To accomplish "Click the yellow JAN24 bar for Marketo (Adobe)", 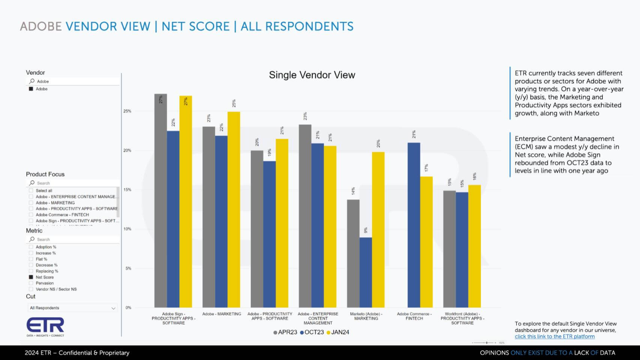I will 378,230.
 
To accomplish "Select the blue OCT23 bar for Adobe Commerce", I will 414,225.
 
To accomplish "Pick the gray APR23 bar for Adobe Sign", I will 161,201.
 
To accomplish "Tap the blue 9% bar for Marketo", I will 366,272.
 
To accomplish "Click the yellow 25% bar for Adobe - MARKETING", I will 234,209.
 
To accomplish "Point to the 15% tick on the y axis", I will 128,190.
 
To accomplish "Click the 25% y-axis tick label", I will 128,111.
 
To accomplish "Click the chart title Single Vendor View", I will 312,75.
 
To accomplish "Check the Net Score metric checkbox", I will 31,277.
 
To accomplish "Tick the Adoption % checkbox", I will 31,247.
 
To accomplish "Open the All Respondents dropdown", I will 72,308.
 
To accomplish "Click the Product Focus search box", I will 73,183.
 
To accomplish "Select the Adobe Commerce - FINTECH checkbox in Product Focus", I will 31,215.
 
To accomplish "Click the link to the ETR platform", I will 554,336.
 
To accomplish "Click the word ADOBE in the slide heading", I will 41,26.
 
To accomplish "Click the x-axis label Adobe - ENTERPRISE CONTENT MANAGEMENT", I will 318,318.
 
